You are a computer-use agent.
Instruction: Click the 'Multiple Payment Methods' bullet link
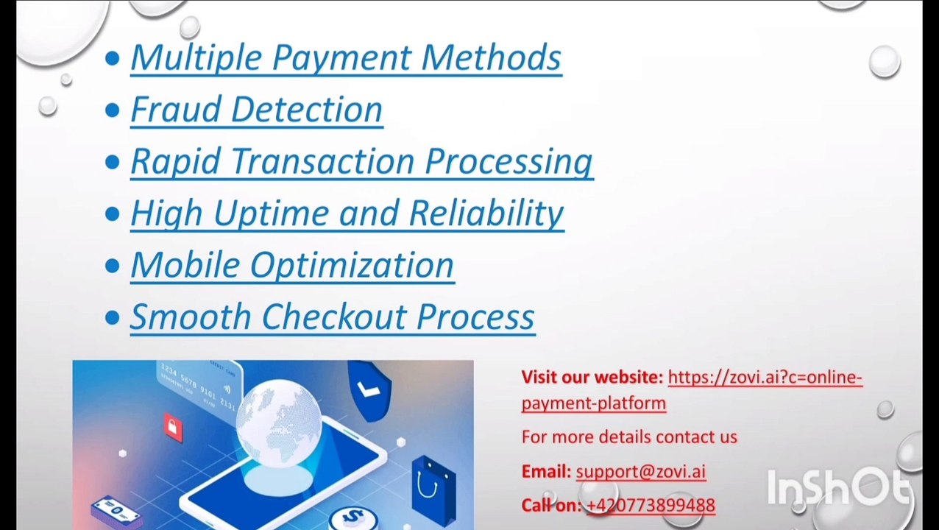tap(345, 58)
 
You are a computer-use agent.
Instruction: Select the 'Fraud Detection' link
tap(256, 110)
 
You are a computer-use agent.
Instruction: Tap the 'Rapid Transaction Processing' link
tap(361, 161)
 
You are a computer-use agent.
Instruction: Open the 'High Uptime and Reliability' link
tap(347, 213)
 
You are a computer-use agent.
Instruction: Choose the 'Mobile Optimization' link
tap(291, 265)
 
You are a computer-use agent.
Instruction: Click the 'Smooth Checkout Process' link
tap(332, 317)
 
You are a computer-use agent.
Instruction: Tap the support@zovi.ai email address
tap(640, 472)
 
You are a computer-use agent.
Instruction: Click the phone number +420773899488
tap(651, 506)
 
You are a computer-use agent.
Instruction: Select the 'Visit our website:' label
tap(592, 378)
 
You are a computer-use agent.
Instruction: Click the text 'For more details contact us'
tap(628, 437)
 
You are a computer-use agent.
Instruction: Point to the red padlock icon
tap(173, 426)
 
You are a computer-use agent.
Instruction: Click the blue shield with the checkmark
tap(370, 390)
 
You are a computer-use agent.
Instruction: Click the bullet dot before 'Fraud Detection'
tap(112, 110)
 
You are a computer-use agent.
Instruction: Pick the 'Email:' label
tap(545, 472)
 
